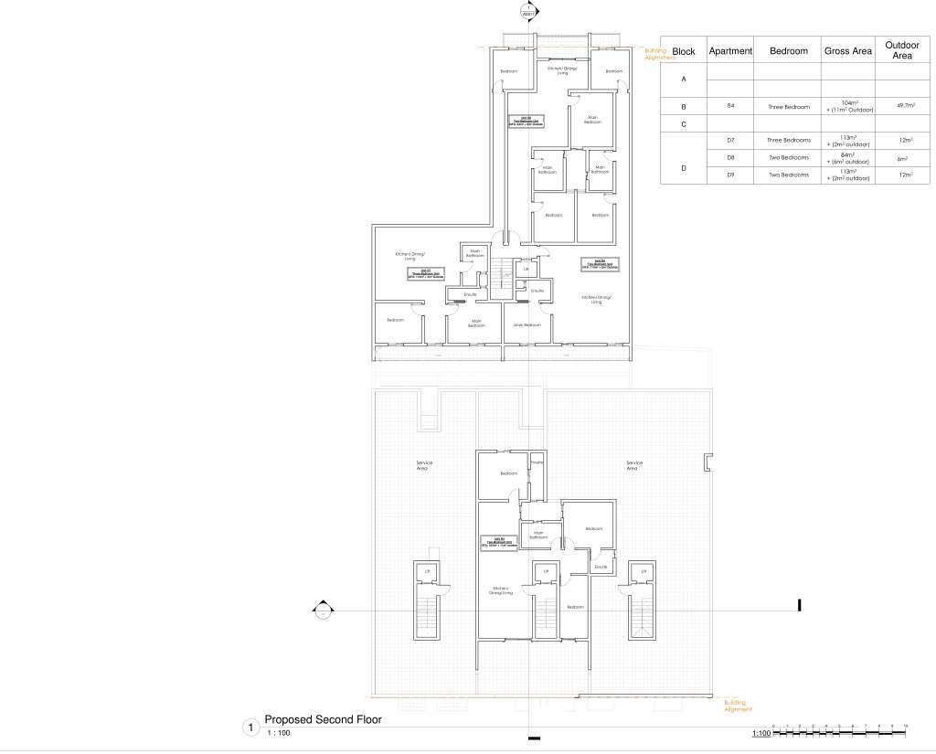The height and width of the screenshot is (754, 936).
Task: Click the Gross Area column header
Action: pos(847,51)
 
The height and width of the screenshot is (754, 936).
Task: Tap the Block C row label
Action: pos(684,123)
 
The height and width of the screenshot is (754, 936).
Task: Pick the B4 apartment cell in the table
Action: pos(731,106)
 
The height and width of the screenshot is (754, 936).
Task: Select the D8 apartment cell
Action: pos(731,158)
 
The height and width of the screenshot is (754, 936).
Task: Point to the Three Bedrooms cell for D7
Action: pos(788,141)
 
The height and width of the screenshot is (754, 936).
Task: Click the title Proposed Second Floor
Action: pos(323,720)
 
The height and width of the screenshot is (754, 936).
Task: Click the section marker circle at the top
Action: pos(527,13)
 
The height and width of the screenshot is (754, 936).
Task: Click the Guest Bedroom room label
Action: pos(526,325)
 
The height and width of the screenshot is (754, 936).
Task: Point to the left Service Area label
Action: pos(424,464)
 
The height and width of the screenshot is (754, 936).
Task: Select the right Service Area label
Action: pos(633,464)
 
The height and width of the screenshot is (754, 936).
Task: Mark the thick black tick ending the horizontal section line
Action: pos(800,605)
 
